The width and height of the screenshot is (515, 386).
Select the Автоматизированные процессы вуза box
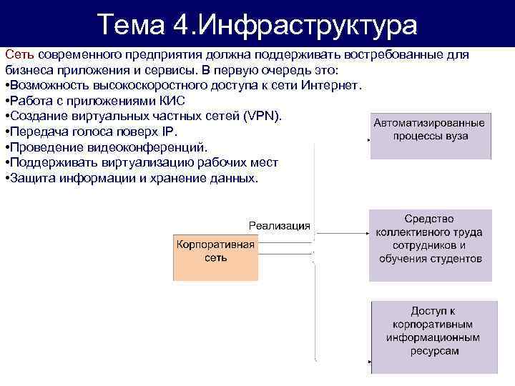point(430,134)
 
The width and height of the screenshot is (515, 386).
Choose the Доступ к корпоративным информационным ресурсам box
point(433,337)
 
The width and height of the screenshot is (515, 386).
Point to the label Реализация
point(279,226)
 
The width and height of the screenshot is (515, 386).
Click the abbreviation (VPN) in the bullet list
point(264,117)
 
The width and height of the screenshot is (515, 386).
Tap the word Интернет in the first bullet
point(337,86)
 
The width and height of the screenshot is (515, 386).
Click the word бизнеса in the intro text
point(29,70)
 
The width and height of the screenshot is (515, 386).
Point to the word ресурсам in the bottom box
point(433,351)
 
